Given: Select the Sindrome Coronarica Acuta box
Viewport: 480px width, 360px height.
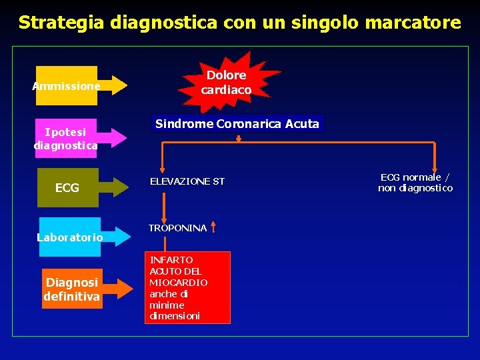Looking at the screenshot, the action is [237, 124].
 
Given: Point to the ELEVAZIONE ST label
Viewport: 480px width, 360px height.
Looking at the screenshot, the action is [187, 181].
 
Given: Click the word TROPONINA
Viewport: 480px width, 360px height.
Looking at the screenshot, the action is [177, 228].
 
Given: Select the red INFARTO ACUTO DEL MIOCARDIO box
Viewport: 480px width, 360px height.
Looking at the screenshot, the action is [188, 287].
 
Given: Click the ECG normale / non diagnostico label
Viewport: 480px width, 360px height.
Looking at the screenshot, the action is [415, 183].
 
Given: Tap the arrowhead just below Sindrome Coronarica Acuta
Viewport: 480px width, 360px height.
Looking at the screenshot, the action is [238, 139].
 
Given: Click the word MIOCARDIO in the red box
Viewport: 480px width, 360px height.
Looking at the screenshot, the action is [179, 283].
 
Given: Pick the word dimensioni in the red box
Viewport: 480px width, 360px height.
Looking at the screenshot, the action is [175, 316].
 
